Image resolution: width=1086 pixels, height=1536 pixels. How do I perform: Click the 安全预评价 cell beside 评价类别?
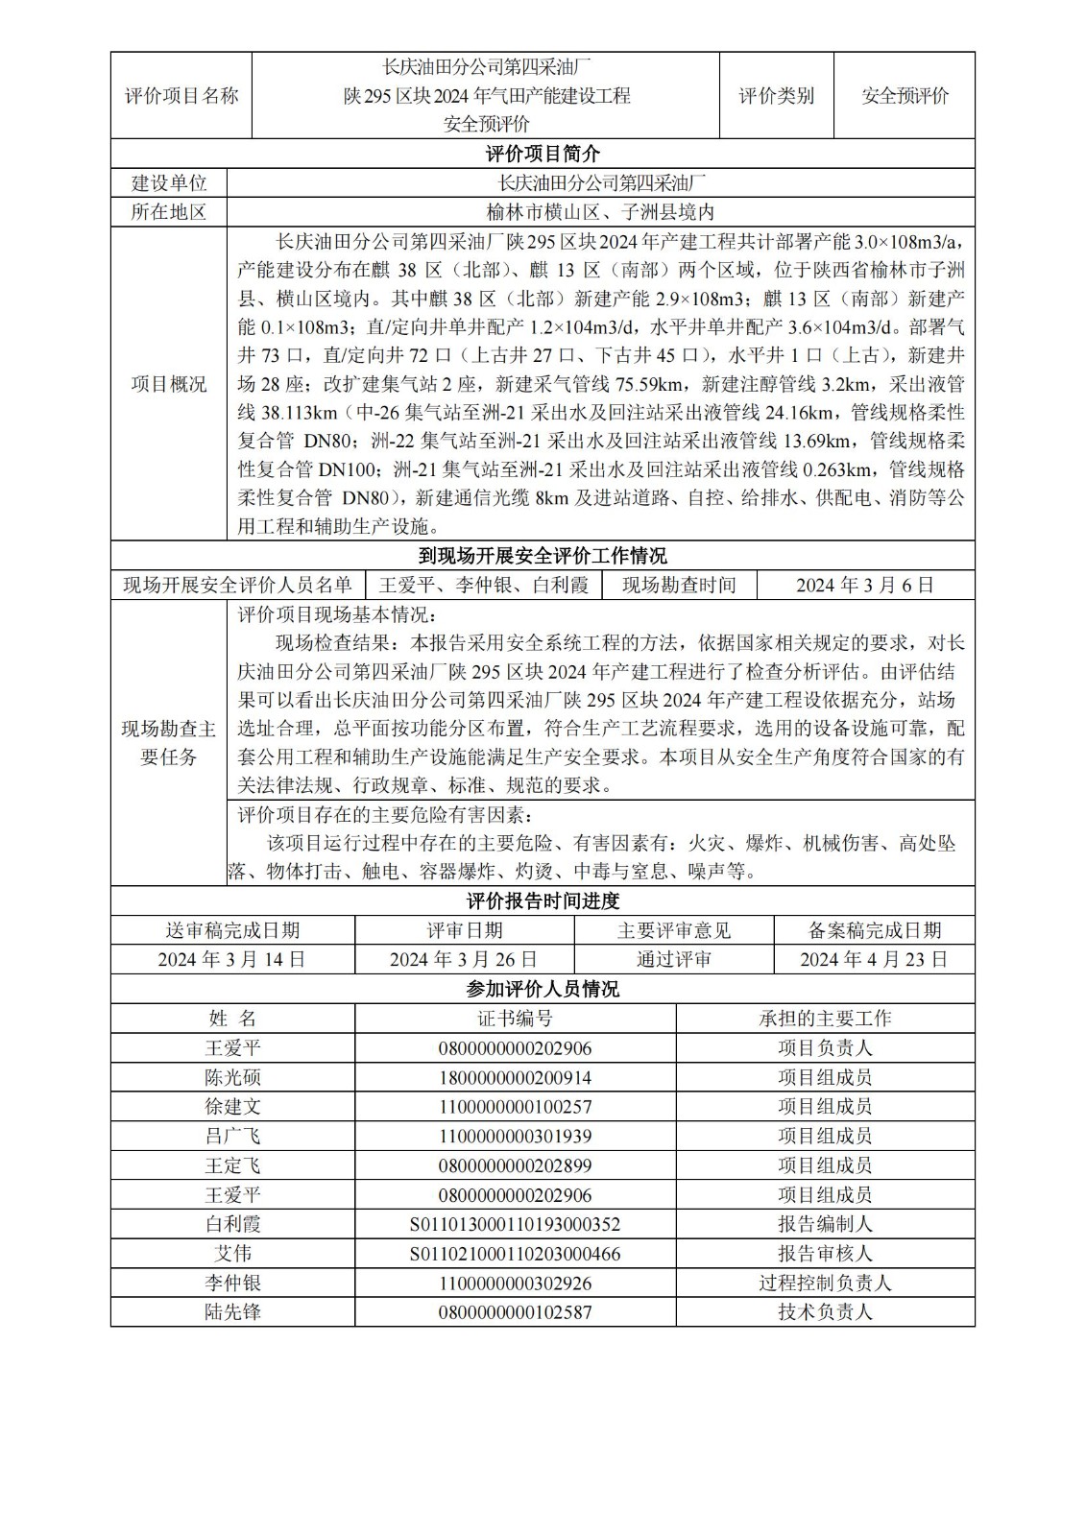[905, 95]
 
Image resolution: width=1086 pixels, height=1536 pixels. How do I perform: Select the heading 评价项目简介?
[543, 154]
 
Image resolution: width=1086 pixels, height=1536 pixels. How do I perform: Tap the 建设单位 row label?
[168, 183]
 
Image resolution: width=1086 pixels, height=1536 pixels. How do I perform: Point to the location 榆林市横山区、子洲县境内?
[600, 212]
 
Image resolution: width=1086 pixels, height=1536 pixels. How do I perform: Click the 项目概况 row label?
[168, 384]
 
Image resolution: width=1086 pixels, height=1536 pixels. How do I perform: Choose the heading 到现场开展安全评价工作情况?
[543, 556]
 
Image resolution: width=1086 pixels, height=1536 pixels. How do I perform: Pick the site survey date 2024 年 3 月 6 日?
[865, 585]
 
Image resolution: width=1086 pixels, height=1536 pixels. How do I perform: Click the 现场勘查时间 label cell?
[679, 585]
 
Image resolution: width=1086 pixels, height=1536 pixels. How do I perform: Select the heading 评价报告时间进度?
[543, 901]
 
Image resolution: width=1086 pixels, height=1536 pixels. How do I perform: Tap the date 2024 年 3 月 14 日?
[232, 959]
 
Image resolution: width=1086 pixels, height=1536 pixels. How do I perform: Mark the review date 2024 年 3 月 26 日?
[464, 959]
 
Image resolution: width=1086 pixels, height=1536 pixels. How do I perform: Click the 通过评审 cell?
[673, 959]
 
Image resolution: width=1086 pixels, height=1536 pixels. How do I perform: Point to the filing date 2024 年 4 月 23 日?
[874, 959]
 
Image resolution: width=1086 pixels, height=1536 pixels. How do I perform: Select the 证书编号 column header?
[515, 1019]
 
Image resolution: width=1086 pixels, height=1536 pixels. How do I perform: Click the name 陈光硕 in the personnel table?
[232, 1077]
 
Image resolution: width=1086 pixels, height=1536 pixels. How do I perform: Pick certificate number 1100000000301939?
[515, 1137]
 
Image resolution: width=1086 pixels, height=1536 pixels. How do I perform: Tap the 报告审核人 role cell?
[825, 1254]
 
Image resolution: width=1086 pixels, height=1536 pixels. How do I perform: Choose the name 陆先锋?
[232, 1312]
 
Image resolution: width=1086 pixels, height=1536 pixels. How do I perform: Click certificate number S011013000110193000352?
[515, 1224]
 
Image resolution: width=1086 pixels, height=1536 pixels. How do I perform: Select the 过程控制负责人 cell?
[825, 1284]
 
